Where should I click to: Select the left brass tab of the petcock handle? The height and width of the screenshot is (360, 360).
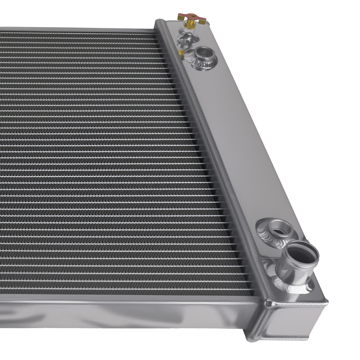coord(180,17)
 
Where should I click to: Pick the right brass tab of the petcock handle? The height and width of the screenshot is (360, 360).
coord(202,22)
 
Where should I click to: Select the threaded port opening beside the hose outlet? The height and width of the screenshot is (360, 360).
coord(279,227)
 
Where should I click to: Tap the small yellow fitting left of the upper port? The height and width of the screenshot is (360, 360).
coord(181,54)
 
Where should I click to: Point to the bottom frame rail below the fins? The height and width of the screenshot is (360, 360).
coord(126,310)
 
